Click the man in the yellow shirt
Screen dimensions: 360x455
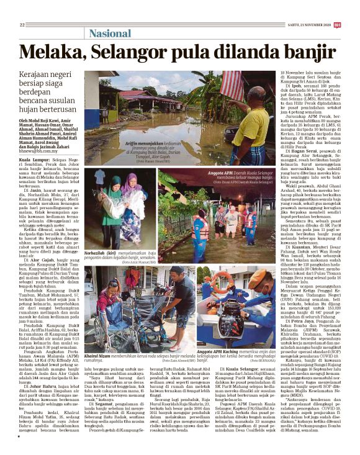coord(251,121)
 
